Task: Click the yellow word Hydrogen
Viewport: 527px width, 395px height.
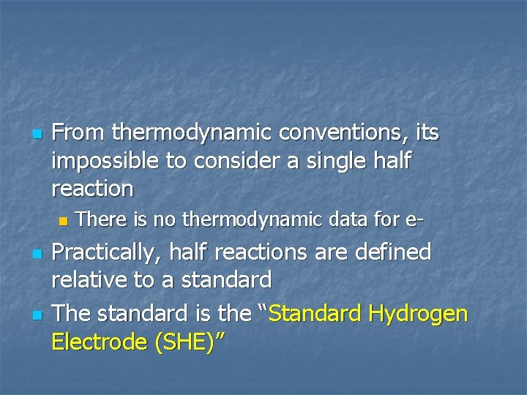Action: (419, 314)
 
